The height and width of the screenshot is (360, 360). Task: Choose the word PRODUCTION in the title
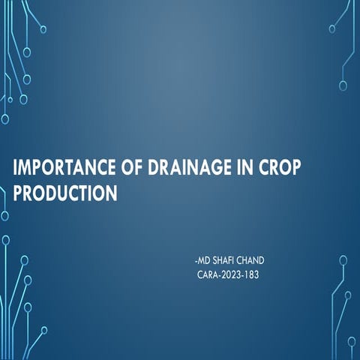click(66, 193)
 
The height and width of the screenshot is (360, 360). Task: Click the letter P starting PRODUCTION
click(19, 193)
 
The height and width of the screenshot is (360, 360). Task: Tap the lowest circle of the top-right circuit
click(343, 85)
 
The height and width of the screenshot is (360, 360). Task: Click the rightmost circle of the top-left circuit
click(43, 29)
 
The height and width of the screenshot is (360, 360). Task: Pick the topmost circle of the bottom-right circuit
click(343, 260)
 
